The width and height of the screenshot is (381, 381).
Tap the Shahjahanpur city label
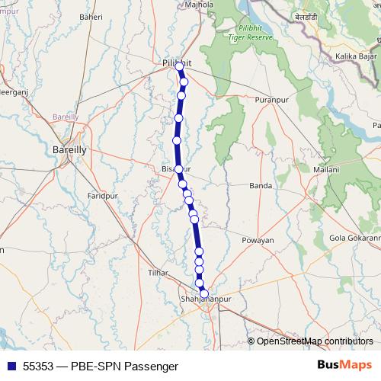[204, 299]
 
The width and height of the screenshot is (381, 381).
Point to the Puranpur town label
[274, 100]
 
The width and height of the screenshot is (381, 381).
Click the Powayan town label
[258, 240]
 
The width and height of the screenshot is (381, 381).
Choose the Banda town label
[261, 185]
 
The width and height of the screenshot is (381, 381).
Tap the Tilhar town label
[159, 272]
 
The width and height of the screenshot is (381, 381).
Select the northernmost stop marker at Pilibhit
[180, 67]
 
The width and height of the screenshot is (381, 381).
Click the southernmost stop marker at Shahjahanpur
[203, 293]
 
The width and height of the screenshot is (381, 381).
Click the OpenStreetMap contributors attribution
[314, 341]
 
